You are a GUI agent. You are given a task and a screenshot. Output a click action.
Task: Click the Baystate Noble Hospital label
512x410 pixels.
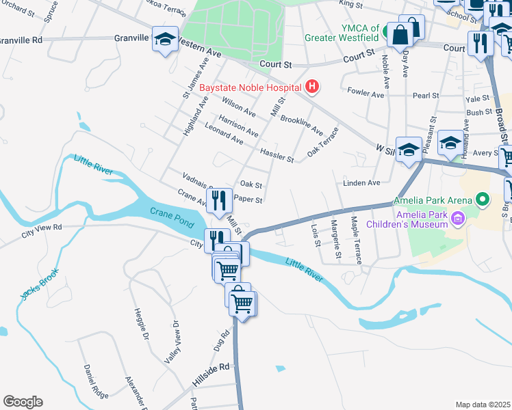click(250, 87)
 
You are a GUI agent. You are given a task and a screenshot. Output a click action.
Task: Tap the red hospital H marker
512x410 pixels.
click(312, 87)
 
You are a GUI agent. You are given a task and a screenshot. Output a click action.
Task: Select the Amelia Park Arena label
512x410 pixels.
click(433, 200)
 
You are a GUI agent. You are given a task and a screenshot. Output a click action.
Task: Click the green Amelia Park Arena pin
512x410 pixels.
click(483, 200)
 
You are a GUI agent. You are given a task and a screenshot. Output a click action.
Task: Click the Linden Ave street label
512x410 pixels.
click(361, 182)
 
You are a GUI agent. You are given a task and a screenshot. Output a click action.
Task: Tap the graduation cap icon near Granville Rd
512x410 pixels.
click(165, 40)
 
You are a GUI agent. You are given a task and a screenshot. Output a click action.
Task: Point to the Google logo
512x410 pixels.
click(23, 401)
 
